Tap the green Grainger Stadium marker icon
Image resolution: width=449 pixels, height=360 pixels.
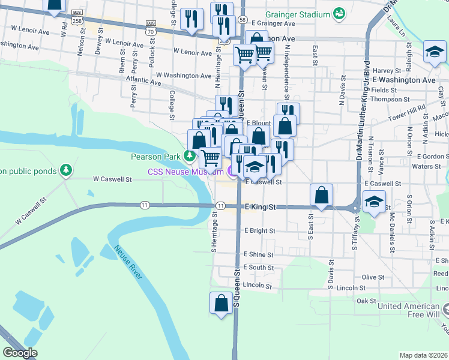pyautogui.click(x=339, y=13)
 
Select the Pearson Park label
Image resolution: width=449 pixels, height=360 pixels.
pyautogui.click(x=156, y=157)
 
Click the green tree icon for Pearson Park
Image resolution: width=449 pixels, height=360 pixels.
pyautogui.click(x=190, y=157)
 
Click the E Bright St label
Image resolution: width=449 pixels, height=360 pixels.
pyautogui.click(x=259, y=231)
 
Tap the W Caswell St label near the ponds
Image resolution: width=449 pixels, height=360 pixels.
pyautogui.click(x=112, y=179)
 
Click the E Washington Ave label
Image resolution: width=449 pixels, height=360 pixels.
pyautogui.click(x=403, y=80)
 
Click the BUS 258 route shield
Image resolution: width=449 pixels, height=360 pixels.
pyautogui.click(x=77, y=16)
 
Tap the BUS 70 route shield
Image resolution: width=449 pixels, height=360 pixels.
pyautogui.click(x=150, y=27)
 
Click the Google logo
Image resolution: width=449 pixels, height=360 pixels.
pyautogui.click(x=20, y=353)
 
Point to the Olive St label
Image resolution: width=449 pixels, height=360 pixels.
pyautogui.click(x=372, y=277)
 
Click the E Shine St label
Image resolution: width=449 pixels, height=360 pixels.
pyautogui.click(x=259, y=254)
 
